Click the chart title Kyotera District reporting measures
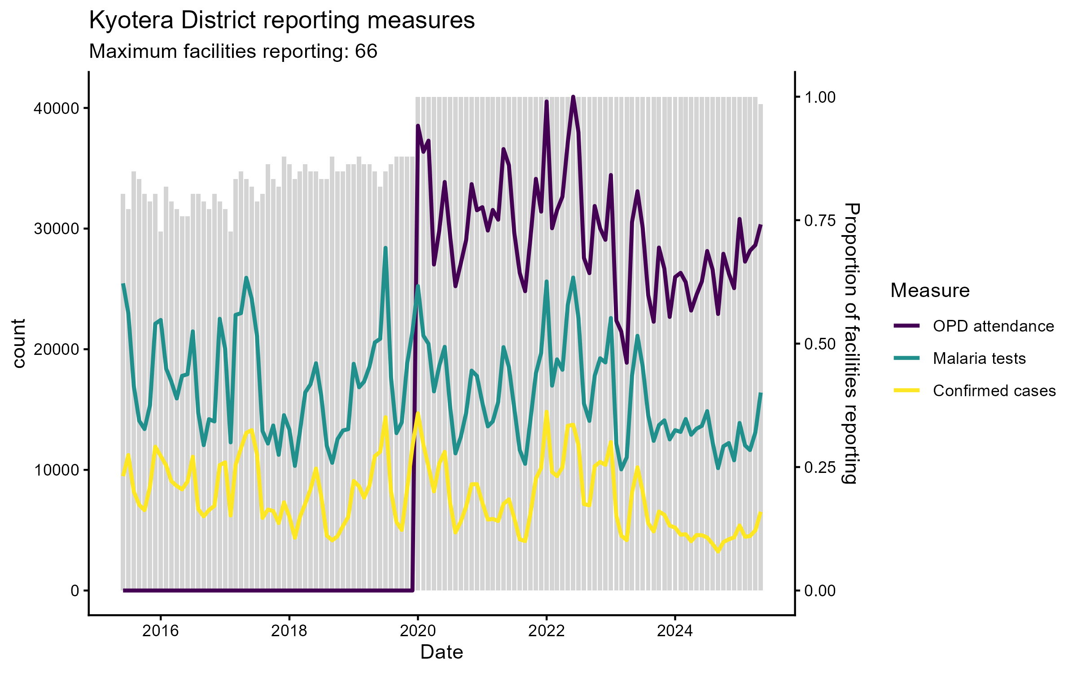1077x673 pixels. coord(282,21)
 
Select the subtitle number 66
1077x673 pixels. coord(366,52)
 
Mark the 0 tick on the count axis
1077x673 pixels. coord(74,591)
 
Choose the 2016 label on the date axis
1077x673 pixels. coord(160,631)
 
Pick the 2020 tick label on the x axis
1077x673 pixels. coord(418,631)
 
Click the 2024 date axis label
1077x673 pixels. coord(675,631)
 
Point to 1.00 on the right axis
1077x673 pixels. coord(820,97)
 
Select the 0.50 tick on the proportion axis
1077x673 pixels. coord(820,344)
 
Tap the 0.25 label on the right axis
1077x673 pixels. coord(820,468)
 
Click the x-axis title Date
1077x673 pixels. coord(442,652)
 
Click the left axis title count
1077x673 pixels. coord(19,344)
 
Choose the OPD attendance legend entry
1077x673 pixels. coord(993,326)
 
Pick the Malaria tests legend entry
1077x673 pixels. coord(979,358)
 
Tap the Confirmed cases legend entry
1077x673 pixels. coord(994,391)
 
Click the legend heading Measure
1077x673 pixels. coord(930,291)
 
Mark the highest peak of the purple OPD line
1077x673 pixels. coord(573,97)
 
